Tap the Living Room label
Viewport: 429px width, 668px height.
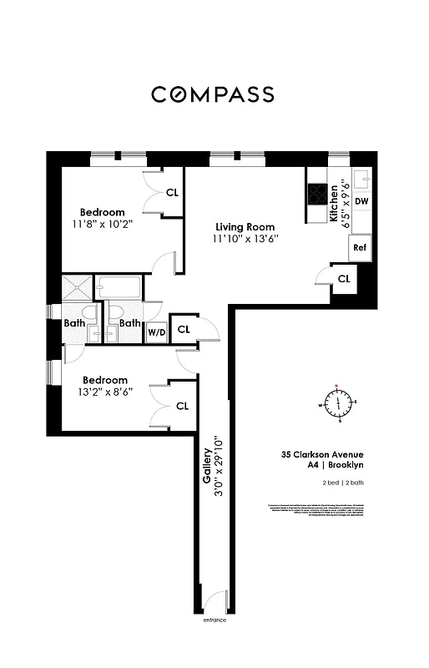[245, 227]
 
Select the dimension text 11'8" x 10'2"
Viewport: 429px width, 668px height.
[103, 225]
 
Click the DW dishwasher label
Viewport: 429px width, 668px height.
[361, 202]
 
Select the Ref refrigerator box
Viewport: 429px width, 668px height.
[361, 247]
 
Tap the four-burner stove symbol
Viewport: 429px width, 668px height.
[318, 195]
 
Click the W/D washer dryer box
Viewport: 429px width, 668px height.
[156, 331]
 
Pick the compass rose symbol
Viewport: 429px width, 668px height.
[338, 403]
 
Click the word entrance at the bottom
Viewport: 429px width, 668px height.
[214, 620]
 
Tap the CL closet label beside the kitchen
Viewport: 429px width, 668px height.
[344, 278]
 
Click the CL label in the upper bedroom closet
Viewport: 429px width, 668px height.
[172, 192]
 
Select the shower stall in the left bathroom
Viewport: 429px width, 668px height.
[76, 289]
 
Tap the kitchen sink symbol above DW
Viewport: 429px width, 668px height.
[362, 179]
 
